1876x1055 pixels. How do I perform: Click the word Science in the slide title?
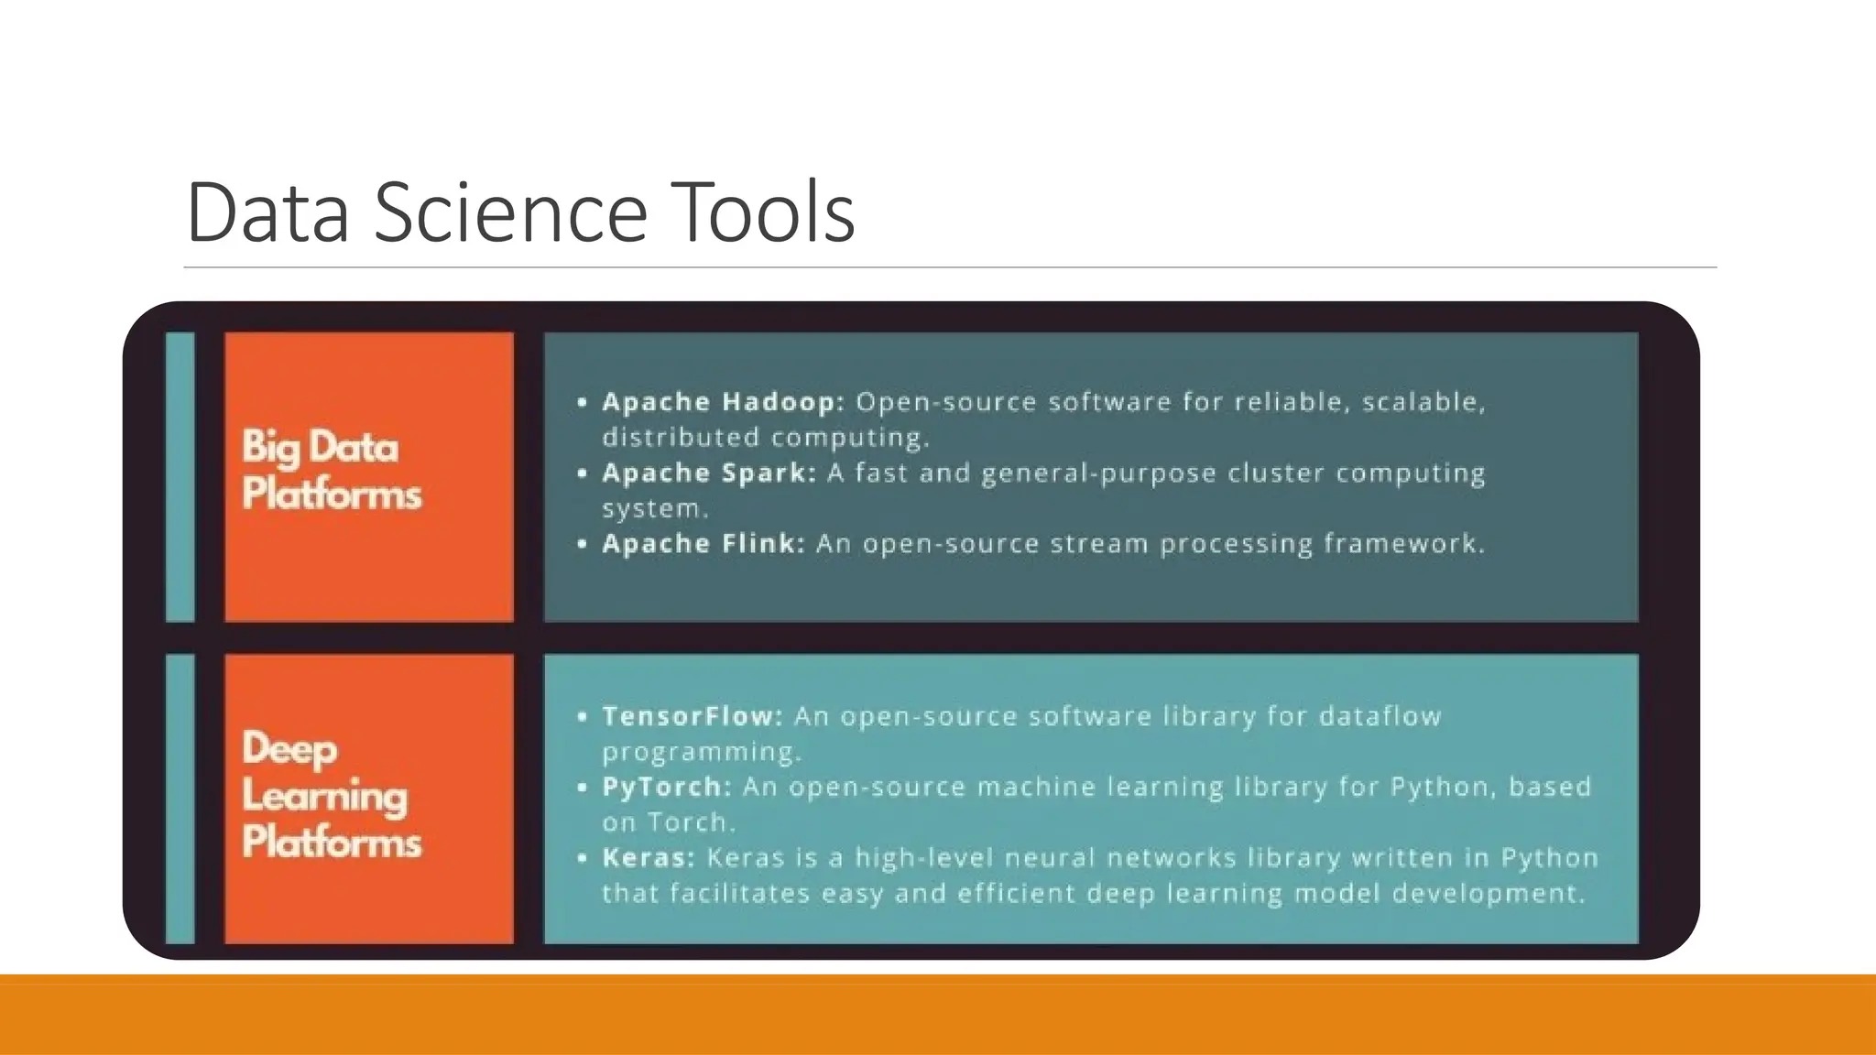point(511,212)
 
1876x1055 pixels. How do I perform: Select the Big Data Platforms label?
point(332,471)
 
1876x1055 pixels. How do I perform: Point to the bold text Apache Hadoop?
point(723,402)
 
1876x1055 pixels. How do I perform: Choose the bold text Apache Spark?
point(708,473)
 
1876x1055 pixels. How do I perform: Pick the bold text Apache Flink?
point(703,544)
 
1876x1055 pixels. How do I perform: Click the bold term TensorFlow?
point(693,716)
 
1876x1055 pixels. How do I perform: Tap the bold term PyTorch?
point(666,788)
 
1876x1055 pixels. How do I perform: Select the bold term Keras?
point(649,858)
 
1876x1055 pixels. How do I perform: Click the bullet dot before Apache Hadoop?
point(583,402)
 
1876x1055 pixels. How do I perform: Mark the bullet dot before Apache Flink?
point(583,544)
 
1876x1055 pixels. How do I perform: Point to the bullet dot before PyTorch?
point(583,788)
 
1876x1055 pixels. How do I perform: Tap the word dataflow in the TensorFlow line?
point(1380,716)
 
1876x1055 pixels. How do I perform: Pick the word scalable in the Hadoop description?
point(1423,402)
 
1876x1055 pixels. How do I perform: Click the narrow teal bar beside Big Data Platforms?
point(180,476)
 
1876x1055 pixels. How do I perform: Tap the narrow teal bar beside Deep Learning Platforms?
point(180,799)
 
